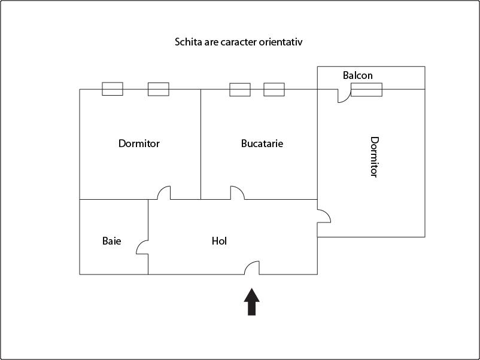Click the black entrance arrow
[x=252, y=301]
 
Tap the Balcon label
[x=358, y=75]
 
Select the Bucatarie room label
[x=262, y=144]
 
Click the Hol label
[x=219, y=241]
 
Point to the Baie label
[x=111, y=241]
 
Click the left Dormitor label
[x=139, y=144]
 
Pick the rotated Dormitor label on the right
[x=374, y=157]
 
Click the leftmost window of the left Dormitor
[x=113, y=89]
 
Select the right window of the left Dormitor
[x=159, y=89]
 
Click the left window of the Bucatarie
[x=240, y=90]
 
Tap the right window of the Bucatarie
[x=274, y=90]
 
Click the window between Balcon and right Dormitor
[x=366, y=90]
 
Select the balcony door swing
[x=344, y=96]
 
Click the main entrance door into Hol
[x=252, y=268]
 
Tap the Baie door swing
[x=142, y=247]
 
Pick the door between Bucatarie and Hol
[x=238, y=193]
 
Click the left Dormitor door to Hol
[x=164, y=193]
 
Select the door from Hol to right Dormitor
[x=324, y=216]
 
